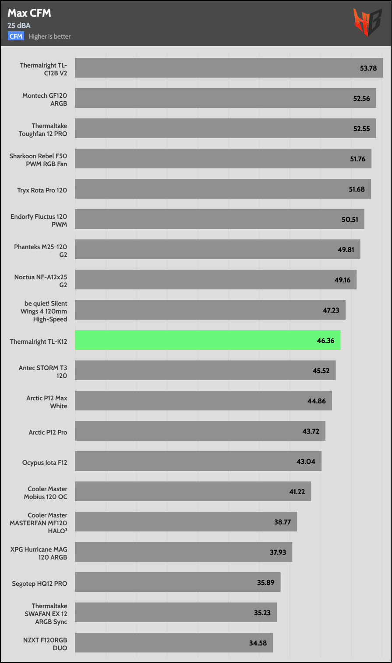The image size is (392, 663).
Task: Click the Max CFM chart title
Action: (29, 14)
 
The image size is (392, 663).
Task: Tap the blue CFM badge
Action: (16, 36)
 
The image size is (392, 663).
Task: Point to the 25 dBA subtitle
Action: (19, 25)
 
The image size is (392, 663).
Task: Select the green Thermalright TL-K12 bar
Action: (208, 340)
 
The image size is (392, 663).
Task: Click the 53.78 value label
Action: (368, 68)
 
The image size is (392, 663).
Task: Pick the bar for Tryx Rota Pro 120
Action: (223, 189)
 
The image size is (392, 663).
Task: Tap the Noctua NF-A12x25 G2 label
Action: (41, 280)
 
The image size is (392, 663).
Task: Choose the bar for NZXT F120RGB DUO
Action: (174, 643)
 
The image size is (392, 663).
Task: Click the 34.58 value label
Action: (258, 643)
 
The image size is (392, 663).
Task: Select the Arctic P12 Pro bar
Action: (200, 431)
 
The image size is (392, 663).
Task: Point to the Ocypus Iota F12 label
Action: (45, 462)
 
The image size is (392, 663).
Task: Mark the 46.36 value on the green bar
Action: (325, 340)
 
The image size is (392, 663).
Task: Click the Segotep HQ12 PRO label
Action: (40, 583)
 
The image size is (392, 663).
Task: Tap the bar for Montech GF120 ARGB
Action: (226, 98)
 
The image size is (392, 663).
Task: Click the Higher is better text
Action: (49, 36)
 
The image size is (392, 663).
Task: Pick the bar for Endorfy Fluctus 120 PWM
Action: (219, 219)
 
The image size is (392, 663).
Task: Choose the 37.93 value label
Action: (278, 552)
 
